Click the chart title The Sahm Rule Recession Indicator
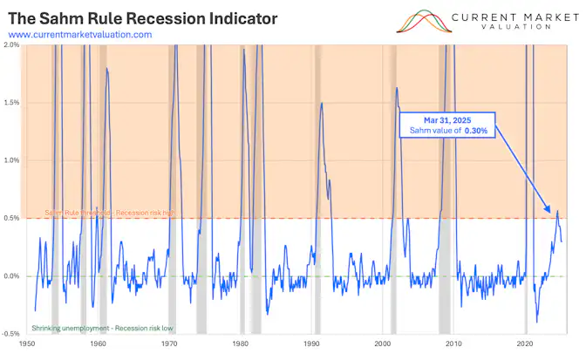143,17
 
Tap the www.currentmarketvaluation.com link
79,35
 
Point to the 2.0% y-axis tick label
10,44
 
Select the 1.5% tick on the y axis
10,103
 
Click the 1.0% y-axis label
10,160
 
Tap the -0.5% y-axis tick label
10,334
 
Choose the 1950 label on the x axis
25,344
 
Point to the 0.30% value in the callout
480,130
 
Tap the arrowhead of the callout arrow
556,209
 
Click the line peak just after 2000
397,87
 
